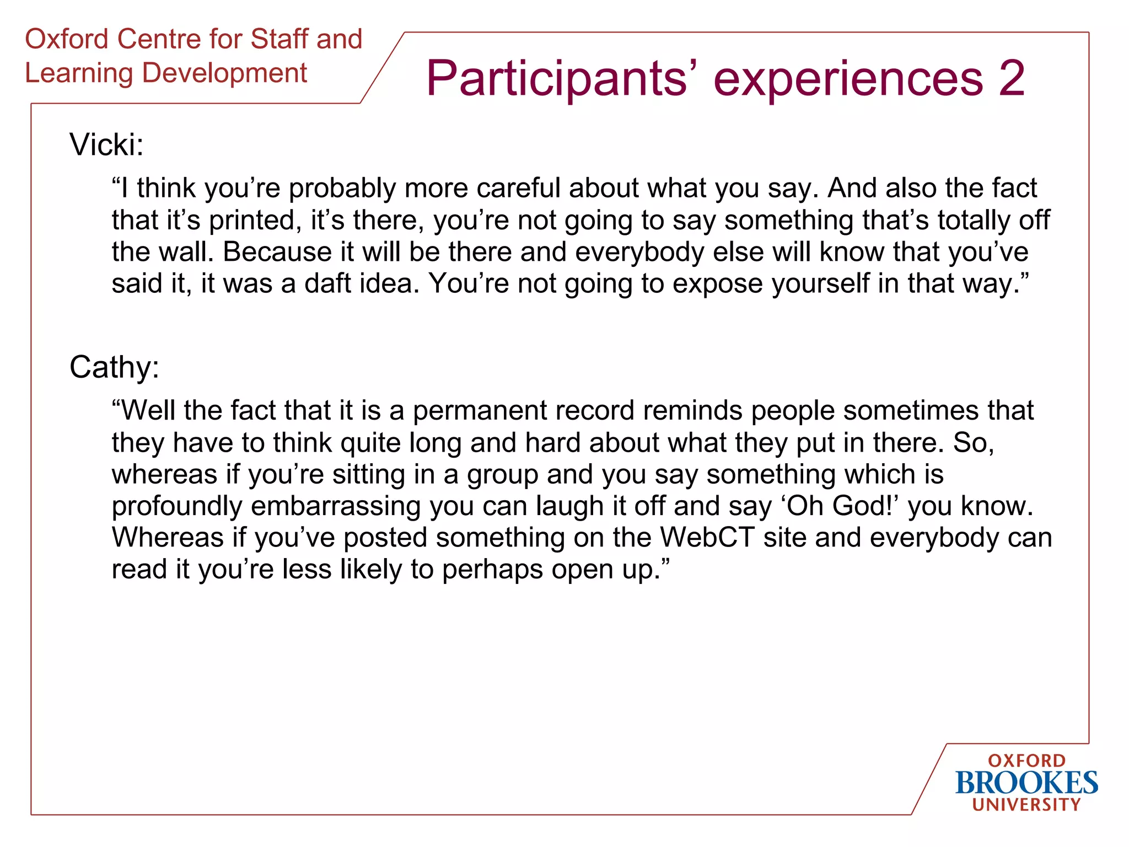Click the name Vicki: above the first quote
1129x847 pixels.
point(106,145)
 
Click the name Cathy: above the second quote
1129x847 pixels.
point(114,367)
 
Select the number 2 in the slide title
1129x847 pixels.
point(1011,78)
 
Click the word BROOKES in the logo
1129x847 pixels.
point(1026,783)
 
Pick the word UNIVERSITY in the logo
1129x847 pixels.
point(1026,805)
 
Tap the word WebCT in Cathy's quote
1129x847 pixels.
point(707,538)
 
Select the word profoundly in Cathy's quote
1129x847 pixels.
point(176,506)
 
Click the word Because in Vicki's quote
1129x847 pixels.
point(277,252)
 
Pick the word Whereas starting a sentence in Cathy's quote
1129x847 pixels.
point(168,538)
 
